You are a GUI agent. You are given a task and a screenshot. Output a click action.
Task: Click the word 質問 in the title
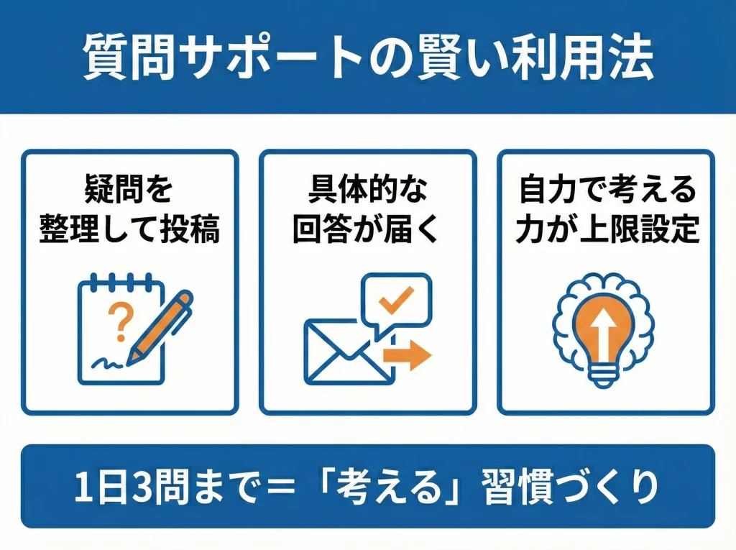tap(129, 57)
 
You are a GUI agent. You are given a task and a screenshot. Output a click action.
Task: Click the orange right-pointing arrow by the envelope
tap(406, 355)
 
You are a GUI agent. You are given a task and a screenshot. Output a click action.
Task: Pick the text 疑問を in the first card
tap(129, 193)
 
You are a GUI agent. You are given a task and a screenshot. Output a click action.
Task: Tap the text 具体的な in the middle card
tap(367, 193)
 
